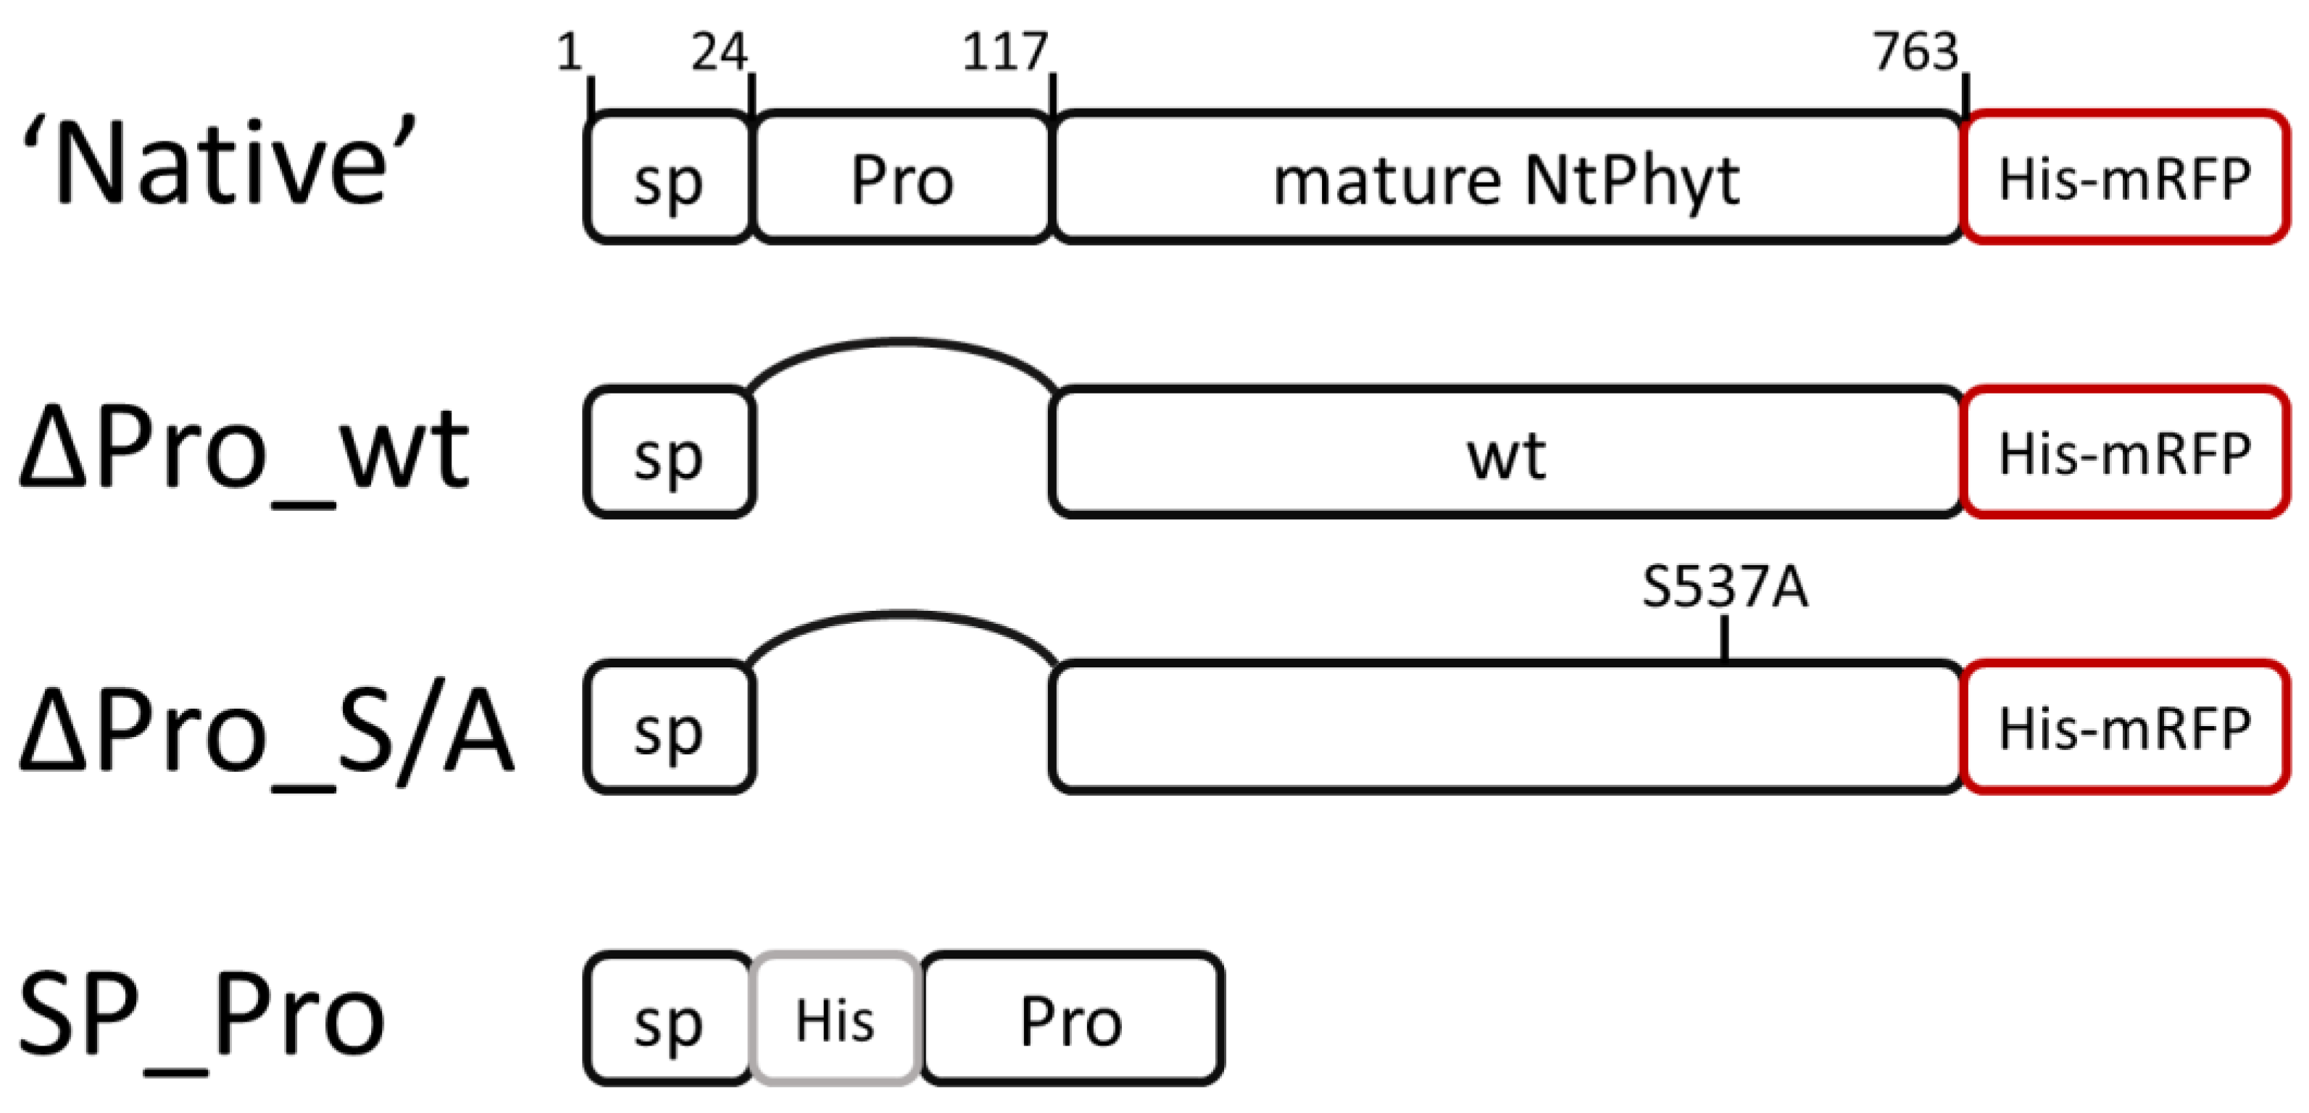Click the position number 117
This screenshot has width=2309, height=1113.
pos(1004,52)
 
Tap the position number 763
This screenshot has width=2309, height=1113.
pos(1915,52)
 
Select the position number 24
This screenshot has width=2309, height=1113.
pos(719,52)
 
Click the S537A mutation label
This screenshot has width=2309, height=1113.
pos(1725,588)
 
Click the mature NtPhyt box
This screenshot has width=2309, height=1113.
pos(1506,178)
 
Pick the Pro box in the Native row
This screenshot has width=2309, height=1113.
pos(902,178)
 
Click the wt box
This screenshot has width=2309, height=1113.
pos(1506,454)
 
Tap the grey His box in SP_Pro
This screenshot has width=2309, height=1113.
pos(834,1019)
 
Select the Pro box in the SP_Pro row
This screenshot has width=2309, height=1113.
pos(1071,1019)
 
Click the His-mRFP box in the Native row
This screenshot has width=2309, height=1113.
pos(2124,178)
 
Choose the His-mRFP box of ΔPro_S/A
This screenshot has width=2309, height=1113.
pos(2124,728)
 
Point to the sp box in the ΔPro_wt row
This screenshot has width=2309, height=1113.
pos(669,454)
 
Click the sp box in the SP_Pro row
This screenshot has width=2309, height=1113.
pos(669,1019)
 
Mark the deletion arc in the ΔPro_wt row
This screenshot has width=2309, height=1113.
pos(901,341)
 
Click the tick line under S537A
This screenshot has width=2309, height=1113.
pos(1725,638)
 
